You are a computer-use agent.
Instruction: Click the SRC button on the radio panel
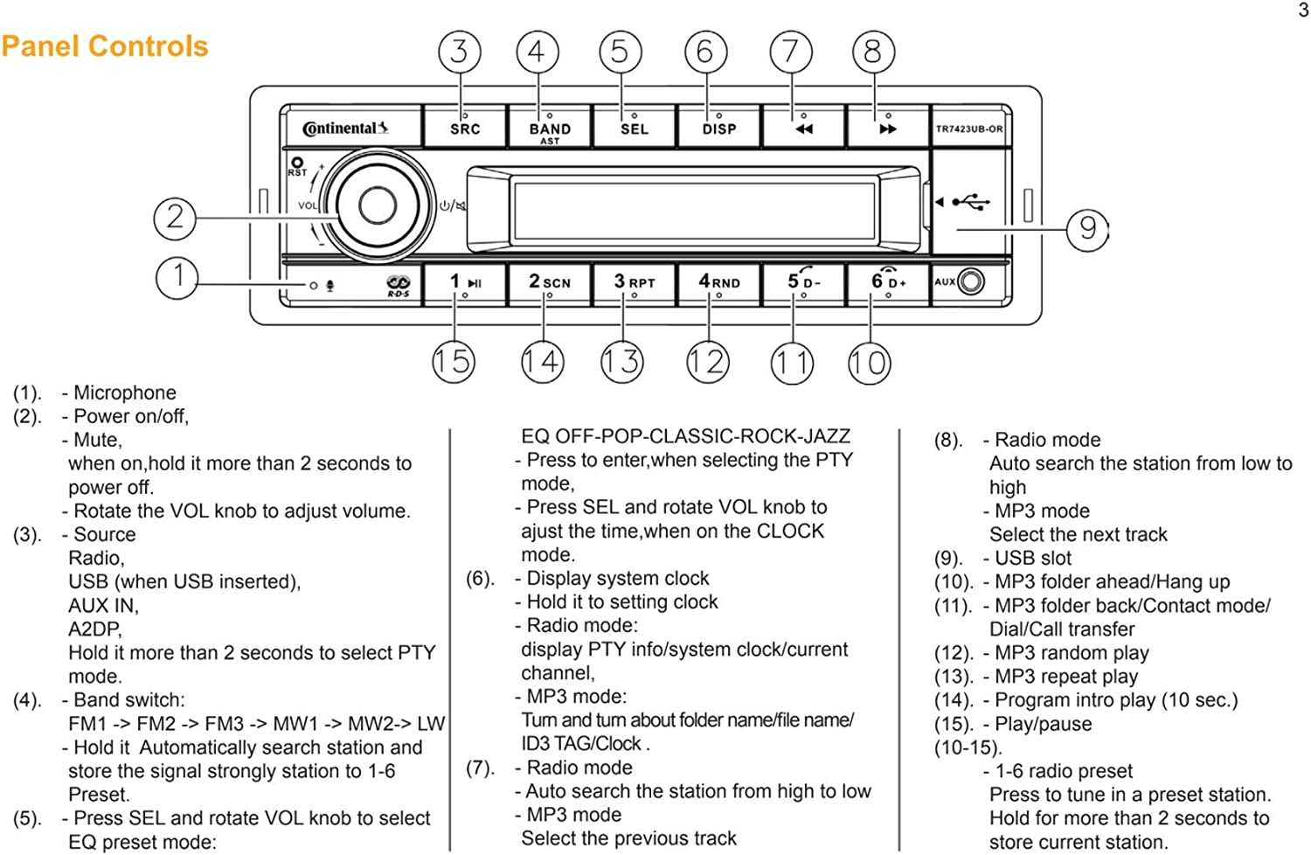(465, 128)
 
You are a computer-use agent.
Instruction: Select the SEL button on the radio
(635, 128)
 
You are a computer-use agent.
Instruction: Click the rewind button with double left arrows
(803, 128)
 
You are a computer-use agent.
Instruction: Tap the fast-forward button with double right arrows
(887, 128)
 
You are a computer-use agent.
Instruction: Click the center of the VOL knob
(378, 206)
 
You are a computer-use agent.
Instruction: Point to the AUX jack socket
(970, 282)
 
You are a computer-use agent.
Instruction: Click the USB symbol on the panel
(971, 203)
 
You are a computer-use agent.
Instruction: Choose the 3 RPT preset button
(635, 282)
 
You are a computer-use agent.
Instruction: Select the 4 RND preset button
(718, 282)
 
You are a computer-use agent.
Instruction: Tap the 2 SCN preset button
(550, 282)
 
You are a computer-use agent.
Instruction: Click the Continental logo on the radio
(345, 129)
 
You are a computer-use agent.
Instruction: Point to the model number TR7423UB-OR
(969, 129)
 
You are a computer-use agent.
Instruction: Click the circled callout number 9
(1087, 229)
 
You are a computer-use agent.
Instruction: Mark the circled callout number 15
(454, 361)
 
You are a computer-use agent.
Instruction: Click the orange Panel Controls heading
(105, 45)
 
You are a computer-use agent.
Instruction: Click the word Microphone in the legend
(124, 393)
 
